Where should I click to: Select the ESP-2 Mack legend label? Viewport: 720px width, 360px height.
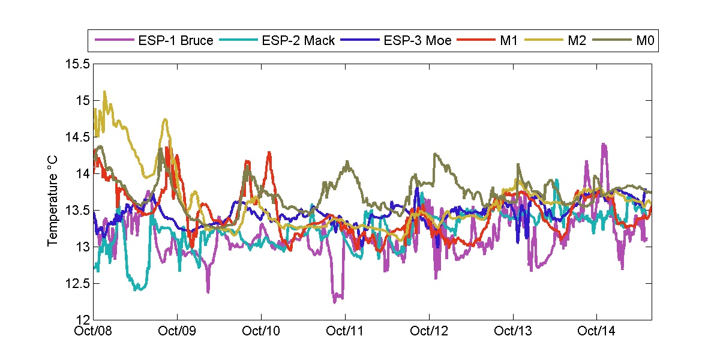pyautogui.click(x=298, y=41)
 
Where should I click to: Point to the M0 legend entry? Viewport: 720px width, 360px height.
pyautogui.click(x=644, y=41)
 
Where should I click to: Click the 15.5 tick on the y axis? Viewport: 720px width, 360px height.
pyautogui.click(x=79, y=64)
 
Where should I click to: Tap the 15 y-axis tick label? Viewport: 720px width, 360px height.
pyautogui.click(x=83, y=100)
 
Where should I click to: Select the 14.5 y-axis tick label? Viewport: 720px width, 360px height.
pyautogui.click(x=79, y=137)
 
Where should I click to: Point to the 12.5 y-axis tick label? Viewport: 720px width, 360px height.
pyautogui.click(x=79, y=283)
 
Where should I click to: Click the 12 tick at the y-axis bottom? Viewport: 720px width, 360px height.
pyautogui.click(x=83, y=320)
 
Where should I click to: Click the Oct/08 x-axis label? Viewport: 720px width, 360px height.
pyautogui.click(x=94, y=331)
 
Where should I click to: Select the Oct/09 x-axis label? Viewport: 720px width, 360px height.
pyautogui.click(x=178, y=331)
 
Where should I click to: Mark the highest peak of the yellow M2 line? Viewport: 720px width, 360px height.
pyautogui.click(x=105, y=91)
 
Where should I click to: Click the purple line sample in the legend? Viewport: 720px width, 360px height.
pyautogui.click(x=113, y=41)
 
